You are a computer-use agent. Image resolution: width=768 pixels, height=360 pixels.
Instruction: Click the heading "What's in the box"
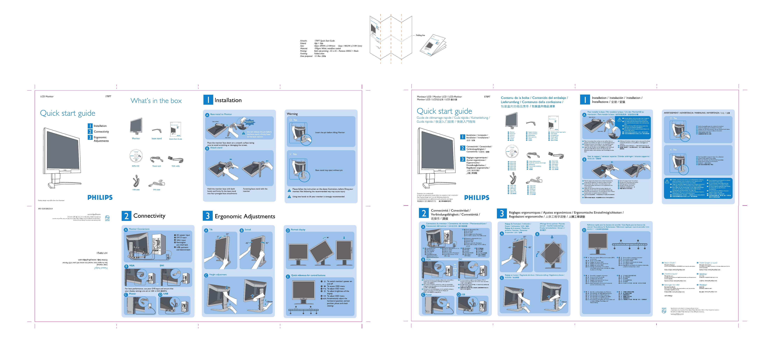[x=156, y=101]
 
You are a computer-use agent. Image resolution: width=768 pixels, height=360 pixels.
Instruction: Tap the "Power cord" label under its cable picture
[x=157, y=166]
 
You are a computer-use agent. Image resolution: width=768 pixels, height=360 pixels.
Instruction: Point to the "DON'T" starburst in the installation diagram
[x=249, y=122]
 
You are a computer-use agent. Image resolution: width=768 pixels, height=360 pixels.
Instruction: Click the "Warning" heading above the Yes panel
[x=292, y=114]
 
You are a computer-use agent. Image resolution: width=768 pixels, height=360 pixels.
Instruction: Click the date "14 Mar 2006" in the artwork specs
[x=320, y=56]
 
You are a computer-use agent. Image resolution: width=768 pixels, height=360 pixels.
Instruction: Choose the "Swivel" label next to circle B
[x=248, y=230]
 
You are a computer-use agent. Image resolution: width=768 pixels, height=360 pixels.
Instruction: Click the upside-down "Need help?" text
[x=101, y=268]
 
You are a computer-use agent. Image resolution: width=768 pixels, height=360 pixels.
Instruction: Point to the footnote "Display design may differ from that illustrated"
[x=51, y=201]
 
